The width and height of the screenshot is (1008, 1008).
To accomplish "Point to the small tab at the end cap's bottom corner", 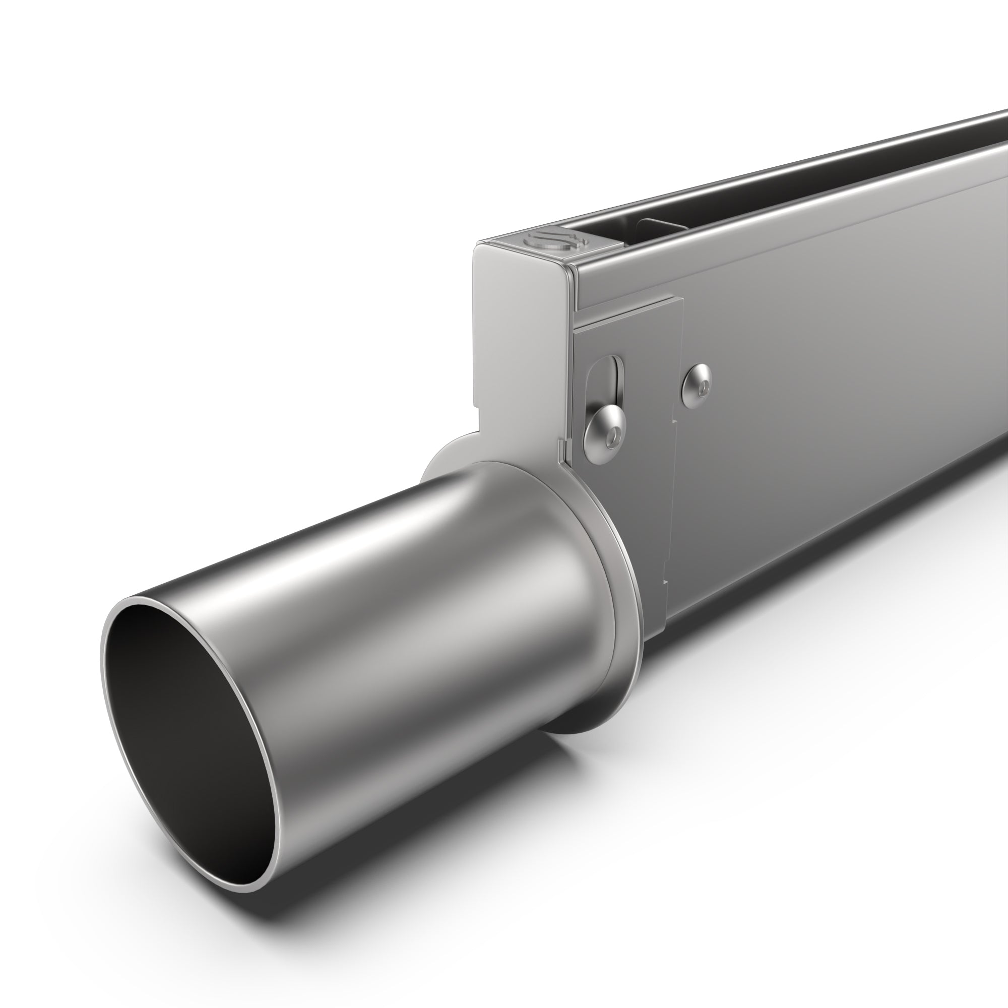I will pos(562,446).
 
